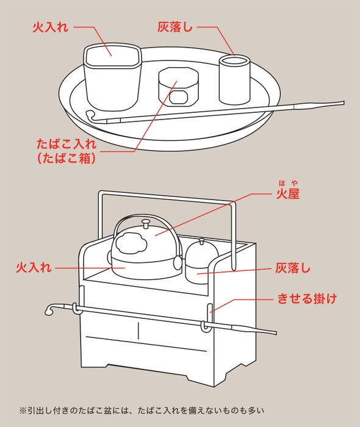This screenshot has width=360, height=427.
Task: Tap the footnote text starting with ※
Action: [143, 410]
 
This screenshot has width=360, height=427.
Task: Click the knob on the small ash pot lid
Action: [201, 241]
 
